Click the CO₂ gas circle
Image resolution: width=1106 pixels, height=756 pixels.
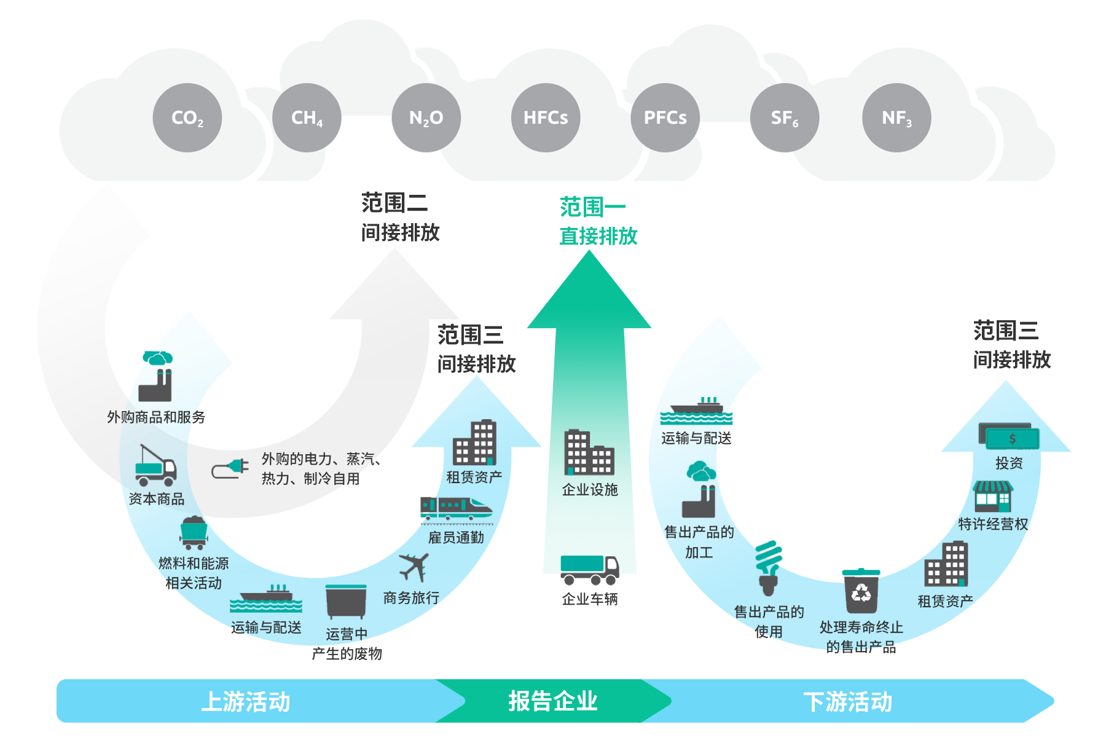point(187,117)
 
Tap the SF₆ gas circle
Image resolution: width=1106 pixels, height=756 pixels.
point(785,117)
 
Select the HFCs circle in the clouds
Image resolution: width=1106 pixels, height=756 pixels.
point(546,117)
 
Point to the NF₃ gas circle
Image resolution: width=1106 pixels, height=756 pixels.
point(896,117)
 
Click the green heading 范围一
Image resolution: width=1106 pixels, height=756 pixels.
point(592,207)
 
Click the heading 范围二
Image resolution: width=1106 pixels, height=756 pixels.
point(394,203)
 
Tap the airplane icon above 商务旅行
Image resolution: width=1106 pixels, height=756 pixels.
point(414,567)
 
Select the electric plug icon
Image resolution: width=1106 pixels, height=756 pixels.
point(230,469)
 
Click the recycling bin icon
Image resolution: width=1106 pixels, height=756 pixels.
point(861,591)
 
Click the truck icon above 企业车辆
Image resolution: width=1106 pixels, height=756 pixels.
point(589,570)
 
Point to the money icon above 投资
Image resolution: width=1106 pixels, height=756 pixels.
point(1008,437)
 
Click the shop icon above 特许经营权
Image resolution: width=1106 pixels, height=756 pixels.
point(992,497)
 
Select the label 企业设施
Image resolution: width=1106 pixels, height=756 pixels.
point(589,489)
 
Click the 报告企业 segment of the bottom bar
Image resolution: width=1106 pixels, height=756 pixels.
point(552,701)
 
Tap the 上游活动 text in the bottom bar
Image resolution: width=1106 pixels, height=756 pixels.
point(246,701)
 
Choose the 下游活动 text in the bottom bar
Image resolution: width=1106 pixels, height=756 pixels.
point(847,701)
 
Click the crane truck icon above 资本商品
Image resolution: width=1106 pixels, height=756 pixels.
point(156,465)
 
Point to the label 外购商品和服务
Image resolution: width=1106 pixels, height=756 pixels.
point(156,417)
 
